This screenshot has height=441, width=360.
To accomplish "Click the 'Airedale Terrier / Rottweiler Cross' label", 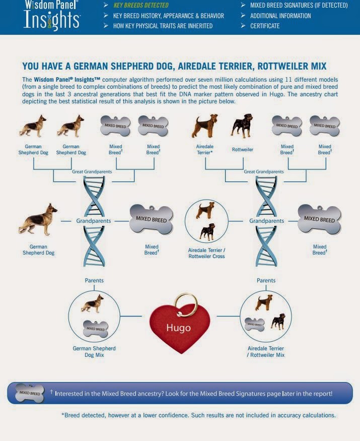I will (206, 253).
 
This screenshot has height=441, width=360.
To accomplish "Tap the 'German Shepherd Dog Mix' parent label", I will (94, 351).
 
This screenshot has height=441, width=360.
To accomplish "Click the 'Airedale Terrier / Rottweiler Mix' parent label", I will (266, 351).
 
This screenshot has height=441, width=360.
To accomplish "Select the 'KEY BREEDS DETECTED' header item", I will (141, 6).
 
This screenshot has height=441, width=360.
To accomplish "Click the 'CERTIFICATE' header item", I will (265, 26).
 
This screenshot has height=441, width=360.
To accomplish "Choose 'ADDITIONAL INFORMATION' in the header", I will (280, 16).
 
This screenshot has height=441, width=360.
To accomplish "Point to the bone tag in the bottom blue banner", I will (29, 393).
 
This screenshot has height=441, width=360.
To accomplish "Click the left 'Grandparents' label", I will (94, 221).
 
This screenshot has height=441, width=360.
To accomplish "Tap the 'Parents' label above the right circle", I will (266, 280).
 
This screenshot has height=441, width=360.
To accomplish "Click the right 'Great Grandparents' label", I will (263, 172).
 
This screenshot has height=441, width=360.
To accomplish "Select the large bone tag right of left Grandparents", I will (151, 220).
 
